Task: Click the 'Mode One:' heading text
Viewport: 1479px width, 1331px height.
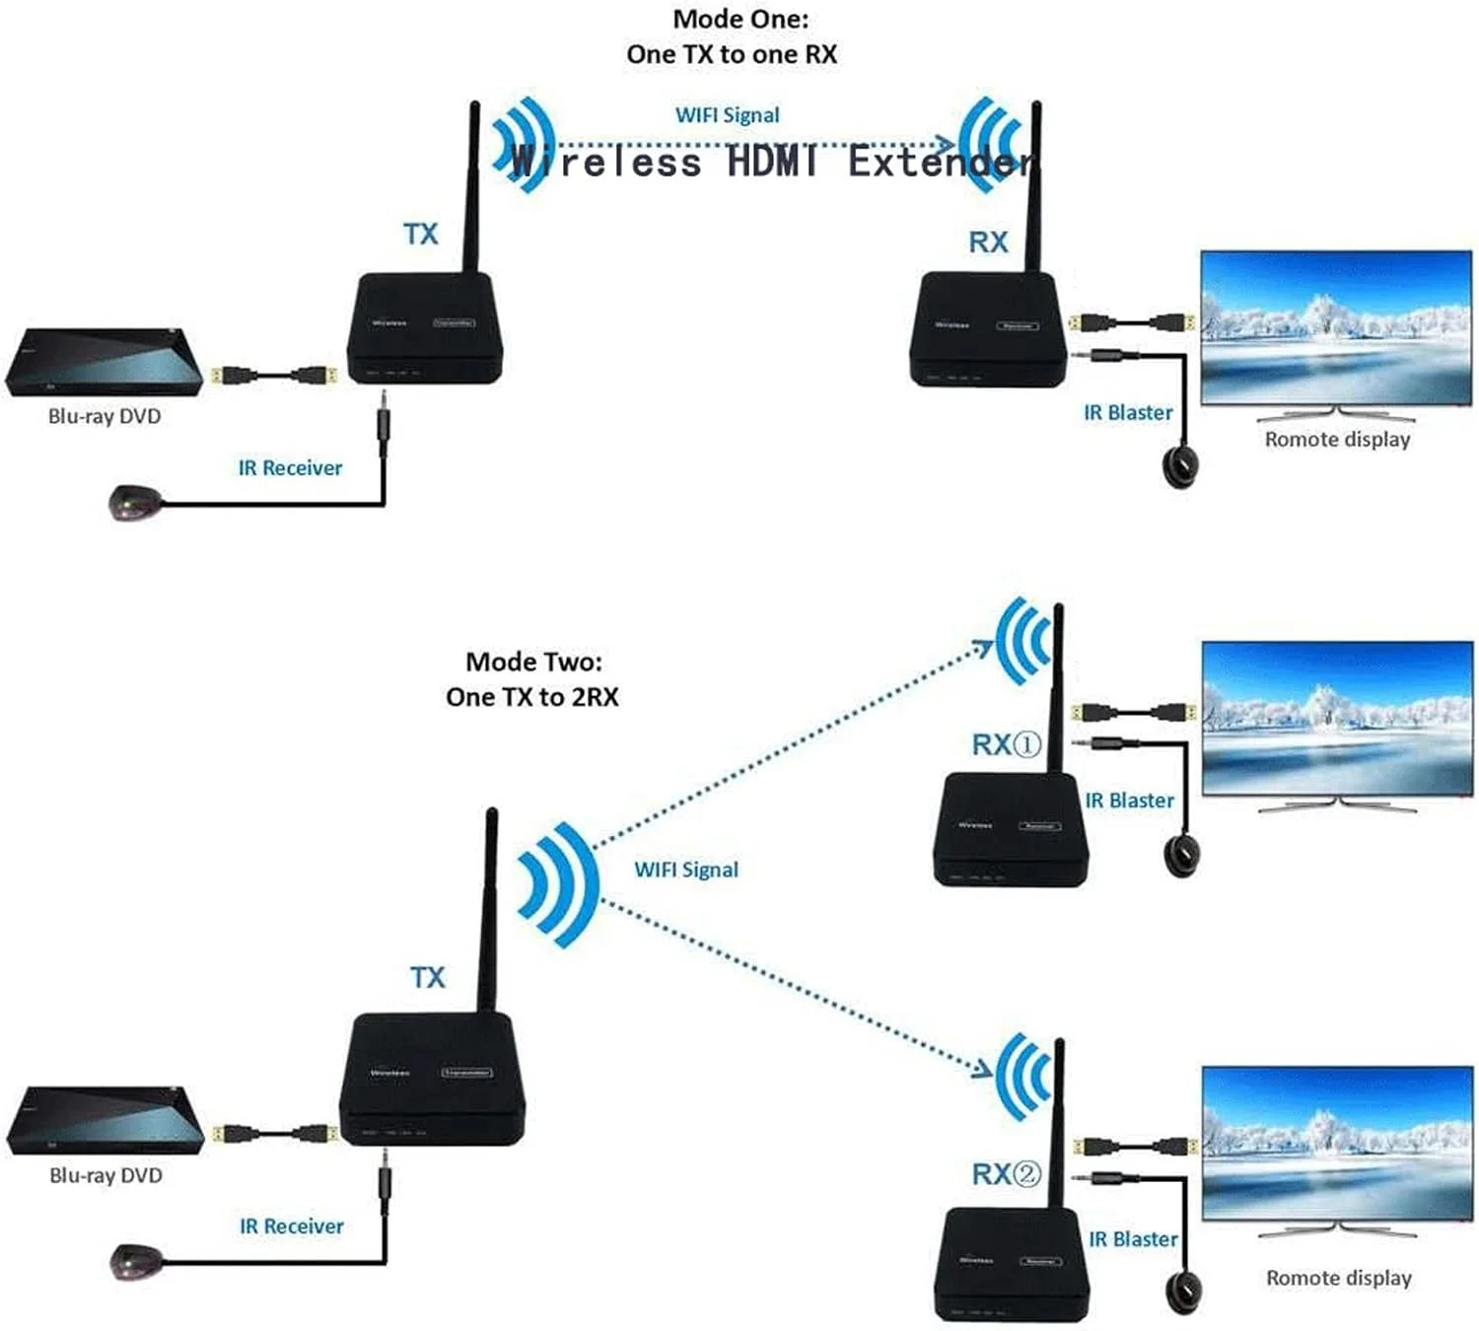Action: (x=739, y=19)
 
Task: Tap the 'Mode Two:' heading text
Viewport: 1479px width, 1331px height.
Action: (x=533, y=661)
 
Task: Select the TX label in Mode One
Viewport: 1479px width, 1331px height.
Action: (x=420, y=235)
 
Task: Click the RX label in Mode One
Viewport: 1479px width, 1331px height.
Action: (x=988, y=243)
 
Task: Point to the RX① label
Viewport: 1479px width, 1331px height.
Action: (x=1006, y=744)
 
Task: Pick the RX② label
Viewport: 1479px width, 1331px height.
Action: (x=1006, y=1174)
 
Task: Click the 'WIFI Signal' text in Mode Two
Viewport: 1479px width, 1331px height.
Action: (x=686, y=870)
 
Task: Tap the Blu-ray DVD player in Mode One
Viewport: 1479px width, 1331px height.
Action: (x=104, y=363)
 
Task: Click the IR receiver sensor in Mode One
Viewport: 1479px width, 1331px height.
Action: (x=134, y=503)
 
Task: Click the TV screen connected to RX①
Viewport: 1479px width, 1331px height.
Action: (x=1336, y=718)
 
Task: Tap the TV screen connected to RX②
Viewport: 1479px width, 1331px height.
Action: (x=1336, y=1144)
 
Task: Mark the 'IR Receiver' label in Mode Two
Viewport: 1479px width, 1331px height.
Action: (x=292, y=1226)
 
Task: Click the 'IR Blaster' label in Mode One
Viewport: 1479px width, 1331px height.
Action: (x=1128, y=413)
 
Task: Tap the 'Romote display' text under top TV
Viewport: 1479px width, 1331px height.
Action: (x=1337, y=440)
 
